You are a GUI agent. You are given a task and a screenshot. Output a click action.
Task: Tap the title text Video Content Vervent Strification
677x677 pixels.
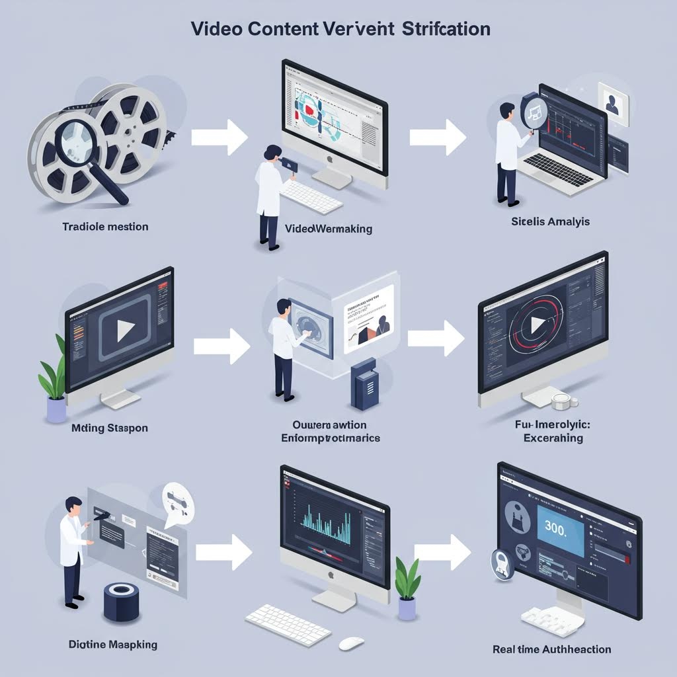pyautogui.click(x=340, y=30)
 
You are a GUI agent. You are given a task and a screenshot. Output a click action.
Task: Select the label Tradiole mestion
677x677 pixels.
pyautogui.click(x=105, y=227)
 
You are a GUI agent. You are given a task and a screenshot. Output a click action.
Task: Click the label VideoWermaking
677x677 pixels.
pyautogui.click(x=329, y=229)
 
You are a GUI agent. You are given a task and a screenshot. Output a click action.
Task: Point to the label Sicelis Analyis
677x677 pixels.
pyautogui.click(x=550, y=221)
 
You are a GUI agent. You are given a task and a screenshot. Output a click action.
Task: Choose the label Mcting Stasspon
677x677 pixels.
pyautogui.click(x=109, y=428)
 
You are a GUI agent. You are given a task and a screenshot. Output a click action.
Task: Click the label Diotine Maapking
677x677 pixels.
pyautogui.click(x=113, y=643)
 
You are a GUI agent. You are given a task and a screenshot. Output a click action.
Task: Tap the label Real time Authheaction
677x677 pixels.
pyautogui.click(x=552, y=649)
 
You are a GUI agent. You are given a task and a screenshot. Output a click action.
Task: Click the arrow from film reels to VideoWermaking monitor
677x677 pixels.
pyautogui.click(x=219, y=137)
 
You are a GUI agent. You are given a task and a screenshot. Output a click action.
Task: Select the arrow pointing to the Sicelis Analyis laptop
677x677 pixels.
pyautogui.click(x=437, y=137)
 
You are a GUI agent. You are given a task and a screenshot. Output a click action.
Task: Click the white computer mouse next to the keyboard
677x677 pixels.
pyautogui.click(x=351, y=643)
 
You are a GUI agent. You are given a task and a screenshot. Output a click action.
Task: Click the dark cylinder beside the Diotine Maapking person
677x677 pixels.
pyautogui.click(x=122, y=602)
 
